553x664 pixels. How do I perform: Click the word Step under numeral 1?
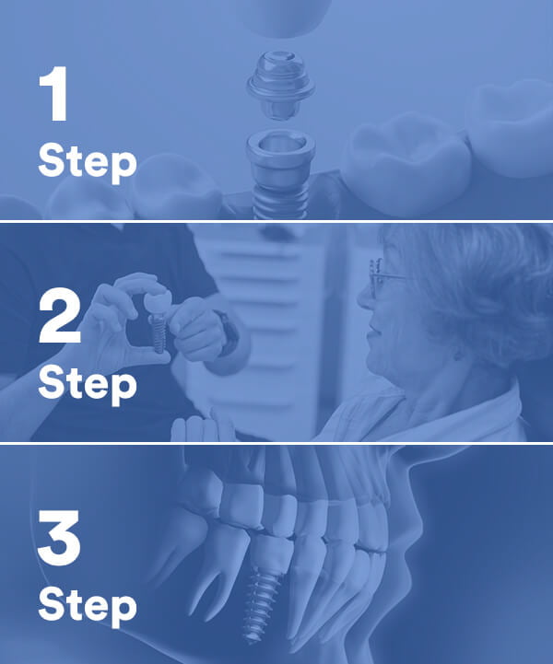coord(87,162)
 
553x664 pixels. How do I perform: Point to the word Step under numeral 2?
coord(87,383)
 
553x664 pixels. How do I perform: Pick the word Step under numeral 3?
coord(87,605)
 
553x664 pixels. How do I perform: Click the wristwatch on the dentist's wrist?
coord(227,332)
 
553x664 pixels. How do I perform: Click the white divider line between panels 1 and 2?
coord(276,221)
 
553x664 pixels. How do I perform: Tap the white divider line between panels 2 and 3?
coord(276,443)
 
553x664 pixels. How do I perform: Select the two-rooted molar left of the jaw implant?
coord(197,553)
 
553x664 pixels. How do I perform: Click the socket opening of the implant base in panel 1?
coord(280,142)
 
